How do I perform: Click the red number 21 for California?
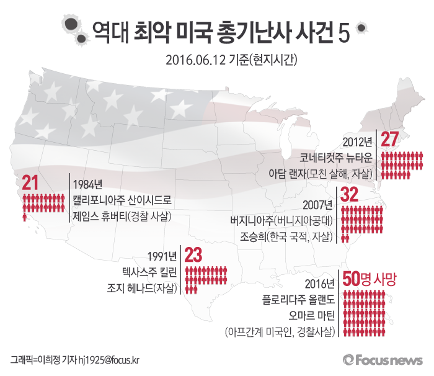coord(30,183)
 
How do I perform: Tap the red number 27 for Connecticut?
coord(389,140)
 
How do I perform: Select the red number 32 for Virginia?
coord(350,195)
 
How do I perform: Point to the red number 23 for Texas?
coord(193,254)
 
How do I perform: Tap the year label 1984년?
coord(87,184)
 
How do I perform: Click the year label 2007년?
coord(319,205)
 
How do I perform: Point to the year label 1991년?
coord(163,256)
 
